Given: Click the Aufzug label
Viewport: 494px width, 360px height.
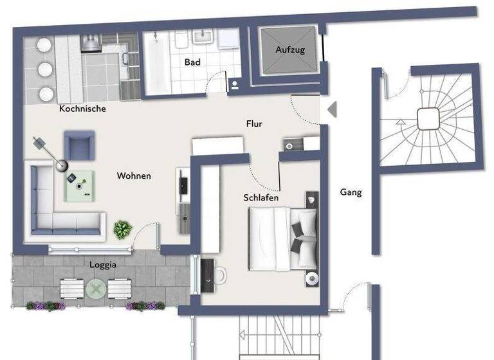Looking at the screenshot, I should coord(289,50).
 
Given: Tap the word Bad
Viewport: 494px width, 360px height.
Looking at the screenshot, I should coord(192,62).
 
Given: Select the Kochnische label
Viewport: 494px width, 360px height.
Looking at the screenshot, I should coord(82,109).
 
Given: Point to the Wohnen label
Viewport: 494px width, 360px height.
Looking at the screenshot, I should coord(134,175).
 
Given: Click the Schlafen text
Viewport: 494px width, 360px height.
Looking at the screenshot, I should coord(261,197).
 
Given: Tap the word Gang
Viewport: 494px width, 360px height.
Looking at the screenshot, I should coord(351,192).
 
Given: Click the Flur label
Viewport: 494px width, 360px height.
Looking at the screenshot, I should coord(255,123).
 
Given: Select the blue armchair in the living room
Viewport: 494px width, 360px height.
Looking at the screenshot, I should coord(79,145).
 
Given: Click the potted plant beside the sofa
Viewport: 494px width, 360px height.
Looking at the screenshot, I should coord(122,229).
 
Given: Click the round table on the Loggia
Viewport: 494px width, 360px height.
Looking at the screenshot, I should coord(96,289).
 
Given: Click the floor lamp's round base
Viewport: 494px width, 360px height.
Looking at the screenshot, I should coord(61,166).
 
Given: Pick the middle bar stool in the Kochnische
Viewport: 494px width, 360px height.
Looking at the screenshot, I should coord(45,69).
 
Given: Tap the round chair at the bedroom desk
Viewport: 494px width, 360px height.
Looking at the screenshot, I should coord(219,274).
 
